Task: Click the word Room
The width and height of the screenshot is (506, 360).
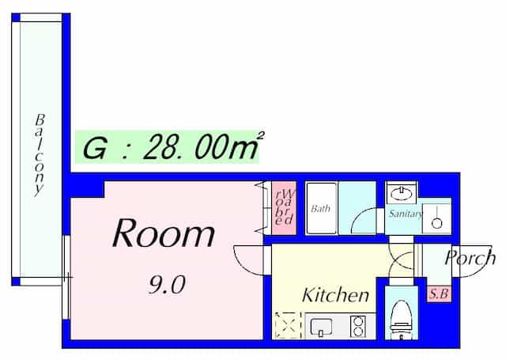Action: click(164, 233)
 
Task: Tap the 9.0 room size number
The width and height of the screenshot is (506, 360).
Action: click(167, 285)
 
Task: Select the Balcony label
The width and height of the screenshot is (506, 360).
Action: click(40, 155)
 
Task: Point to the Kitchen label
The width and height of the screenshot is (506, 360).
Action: click(335, 295)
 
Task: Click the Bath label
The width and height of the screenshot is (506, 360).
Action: click(320, 209)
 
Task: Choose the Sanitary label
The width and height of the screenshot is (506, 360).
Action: click(406, 214)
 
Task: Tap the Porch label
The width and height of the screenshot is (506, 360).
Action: click(470, 258)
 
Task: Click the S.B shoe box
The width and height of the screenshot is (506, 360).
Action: click(439, 294)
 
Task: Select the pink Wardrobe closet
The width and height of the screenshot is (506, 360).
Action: click(284, 208)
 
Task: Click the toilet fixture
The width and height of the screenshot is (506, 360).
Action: click(402, 320)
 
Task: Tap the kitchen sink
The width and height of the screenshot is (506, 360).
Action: click(321, 328)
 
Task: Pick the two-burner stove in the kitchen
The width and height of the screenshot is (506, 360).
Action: click(358, 327)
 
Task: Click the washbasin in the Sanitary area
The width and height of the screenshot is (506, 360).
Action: click(401, 193)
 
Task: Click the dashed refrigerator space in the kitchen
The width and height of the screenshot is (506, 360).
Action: click(287, 326)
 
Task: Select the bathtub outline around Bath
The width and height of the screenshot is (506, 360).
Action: click(322, 208)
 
